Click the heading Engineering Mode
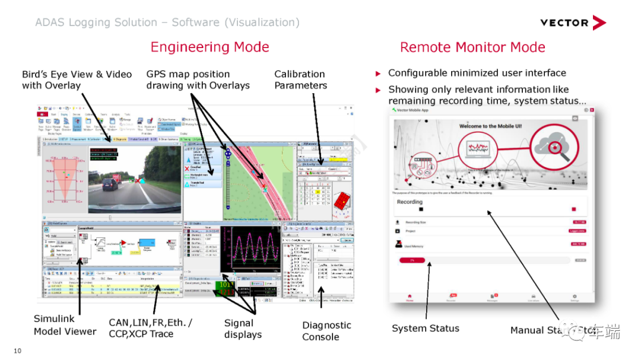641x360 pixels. tap(210, 47)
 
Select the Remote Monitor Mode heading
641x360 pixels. tap(472, 47)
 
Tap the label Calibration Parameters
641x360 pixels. tap(300, 79)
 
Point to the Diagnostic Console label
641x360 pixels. tap(326, 331)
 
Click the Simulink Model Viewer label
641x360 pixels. tap(65, 325)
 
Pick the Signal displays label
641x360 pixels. tap(243, 329)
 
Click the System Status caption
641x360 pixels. tap(426, 328)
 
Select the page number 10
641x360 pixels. tap(17, 351)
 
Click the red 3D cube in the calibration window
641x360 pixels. tap(342, 203)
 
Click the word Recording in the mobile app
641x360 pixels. tap(410, 202)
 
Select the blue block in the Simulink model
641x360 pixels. tap(145, 244)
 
